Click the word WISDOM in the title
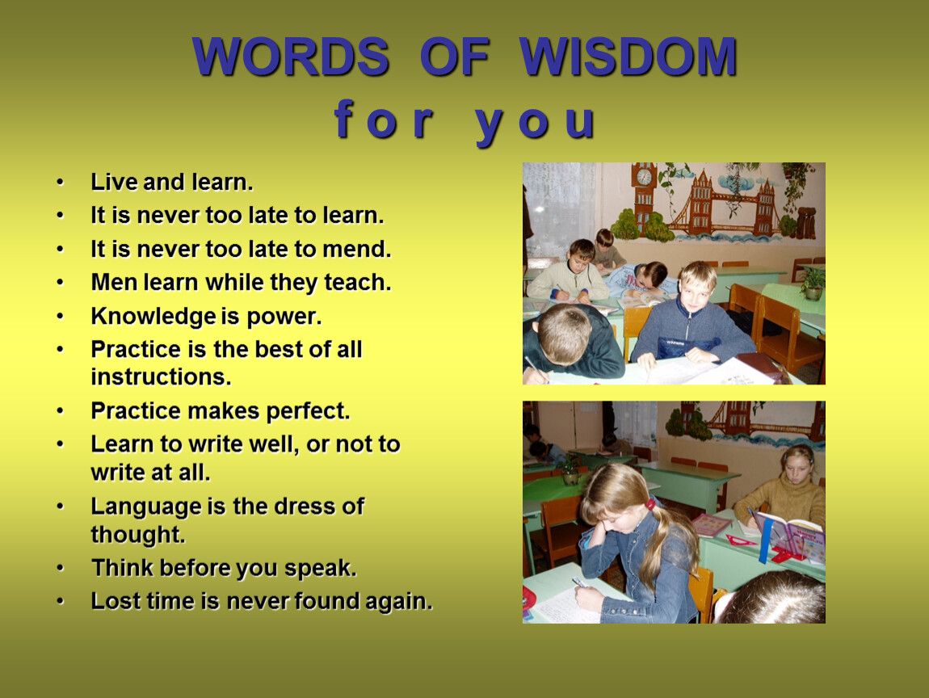(628, 57)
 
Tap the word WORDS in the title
(291, 57)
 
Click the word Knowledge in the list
(153, 317)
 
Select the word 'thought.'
(138, 535)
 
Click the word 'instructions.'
(161, 377)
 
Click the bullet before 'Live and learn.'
(60, 182)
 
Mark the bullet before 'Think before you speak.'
(60, 568)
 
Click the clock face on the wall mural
(643, 177)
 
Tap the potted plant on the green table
(813, 282)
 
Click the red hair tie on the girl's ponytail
(650, 505)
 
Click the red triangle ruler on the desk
(742, 540)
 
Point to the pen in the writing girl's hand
(579, 583)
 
